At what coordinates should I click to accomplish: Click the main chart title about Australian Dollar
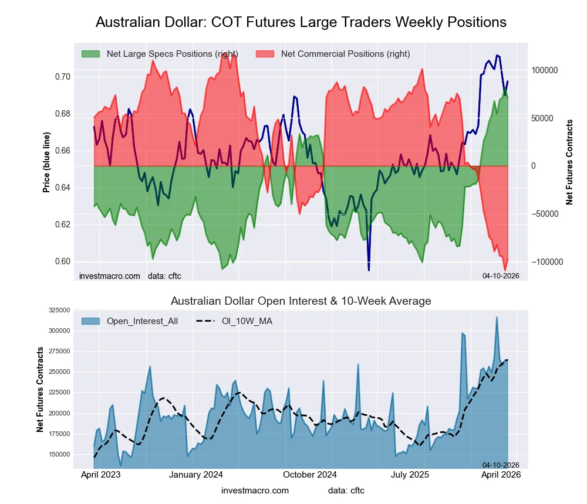[301, 22]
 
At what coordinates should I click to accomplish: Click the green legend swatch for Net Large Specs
[90, 54]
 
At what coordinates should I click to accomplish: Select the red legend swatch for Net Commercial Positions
[265, 54]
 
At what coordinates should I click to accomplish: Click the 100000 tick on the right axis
[544, 70]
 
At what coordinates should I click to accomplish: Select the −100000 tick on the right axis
[543, 262]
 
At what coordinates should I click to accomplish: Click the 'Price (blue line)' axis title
[46, 162]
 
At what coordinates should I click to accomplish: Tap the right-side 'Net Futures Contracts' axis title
[569, 162]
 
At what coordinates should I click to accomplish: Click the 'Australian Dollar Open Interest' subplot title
[301, 301]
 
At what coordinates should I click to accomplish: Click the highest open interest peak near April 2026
[497, 317]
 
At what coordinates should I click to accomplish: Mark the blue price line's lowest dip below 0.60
[369, 270]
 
